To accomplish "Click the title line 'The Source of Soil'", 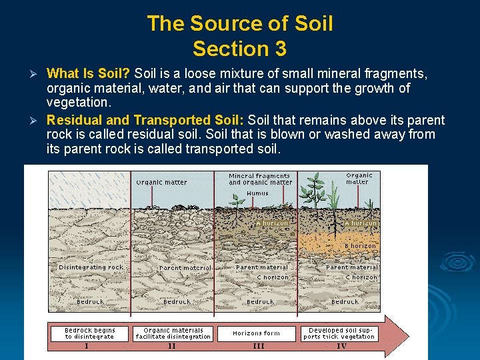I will [x=240, y=23].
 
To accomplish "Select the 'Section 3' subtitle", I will [x=240, y=49].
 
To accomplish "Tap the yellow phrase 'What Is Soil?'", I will [x=89, y=73].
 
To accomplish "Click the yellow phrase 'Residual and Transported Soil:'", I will [x=146, y=120].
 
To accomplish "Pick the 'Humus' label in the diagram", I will [x=257, y=193].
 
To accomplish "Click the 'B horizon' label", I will [x=361, y=246].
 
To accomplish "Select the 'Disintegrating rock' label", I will [x=91, y=267].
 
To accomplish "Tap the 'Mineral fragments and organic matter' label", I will [x=260, y=179].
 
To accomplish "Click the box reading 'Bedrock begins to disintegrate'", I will [x=90, y=333].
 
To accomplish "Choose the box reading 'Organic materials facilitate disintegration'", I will [x=173, y=333].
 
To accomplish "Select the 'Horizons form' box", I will [x=257, y=333].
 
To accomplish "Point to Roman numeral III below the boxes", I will [x=258, y=346].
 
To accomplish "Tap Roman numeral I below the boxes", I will [x=86, y=346].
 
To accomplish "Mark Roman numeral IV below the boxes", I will [x=341, y=346].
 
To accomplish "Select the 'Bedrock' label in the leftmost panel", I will [x=90, y=302].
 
